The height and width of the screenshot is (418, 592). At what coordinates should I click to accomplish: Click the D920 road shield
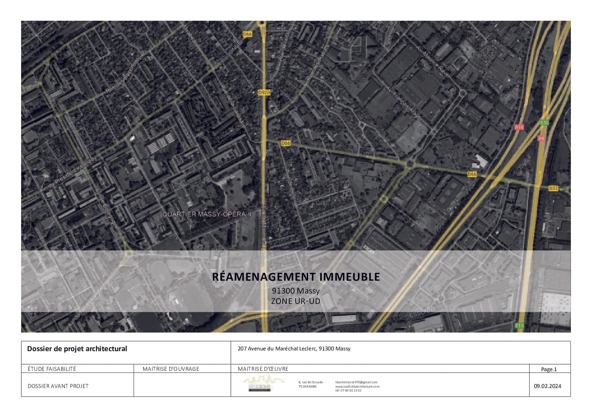(x=264, y=93)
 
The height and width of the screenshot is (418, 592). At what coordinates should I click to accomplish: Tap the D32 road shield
(x=553, y=188)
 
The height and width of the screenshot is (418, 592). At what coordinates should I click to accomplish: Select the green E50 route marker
(x=544, y=123)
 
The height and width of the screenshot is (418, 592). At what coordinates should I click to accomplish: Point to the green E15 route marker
(x=519, y=325)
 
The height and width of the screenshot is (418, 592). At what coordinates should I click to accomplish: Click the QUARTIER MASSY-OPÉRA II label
(x=207, y=214)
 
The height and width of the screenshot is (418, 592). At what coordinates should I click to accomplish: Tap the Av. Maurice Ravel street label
(x=433, y=61)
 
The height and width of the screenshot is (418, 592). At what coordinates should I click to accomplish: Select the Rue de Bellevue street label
(x=291, y=188)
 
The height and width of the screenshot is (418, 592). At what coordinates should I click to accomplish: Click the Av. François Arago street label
(x=403, y=102)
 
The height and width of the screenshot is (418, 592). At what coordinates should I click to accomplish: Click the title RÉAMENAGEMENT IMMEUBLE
(x=296, y=277)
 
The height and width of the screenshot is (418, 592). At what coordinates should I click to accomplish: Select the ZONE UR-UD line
(x=296, y=301)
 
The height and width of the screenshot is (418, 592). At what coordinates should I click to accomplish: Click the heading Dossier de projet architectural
(x=77, y=349)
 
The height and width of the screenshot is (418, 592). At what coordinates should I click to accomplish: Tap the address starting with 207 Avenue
(x=294, y=349)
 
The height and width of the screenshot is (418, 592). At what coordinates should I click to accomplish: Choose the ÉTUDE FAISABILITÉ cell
(x=52, y=369)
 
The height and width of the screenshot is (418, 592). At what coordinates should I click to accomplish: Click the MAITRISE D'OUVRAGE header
(x=171, y=369)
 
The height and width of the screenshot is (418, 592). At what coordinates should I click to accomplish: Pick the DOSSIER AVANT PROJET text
(x=58, y=386)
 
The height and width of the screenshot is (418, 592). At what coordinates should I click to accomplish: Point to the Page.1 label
(x=549, y=369)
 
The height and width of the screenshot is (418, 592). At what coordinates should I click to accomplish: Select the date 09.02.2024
(x=547, y=386)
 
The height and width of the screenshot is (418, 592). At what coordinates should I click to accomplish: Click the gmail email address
(x=356, y=382)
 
